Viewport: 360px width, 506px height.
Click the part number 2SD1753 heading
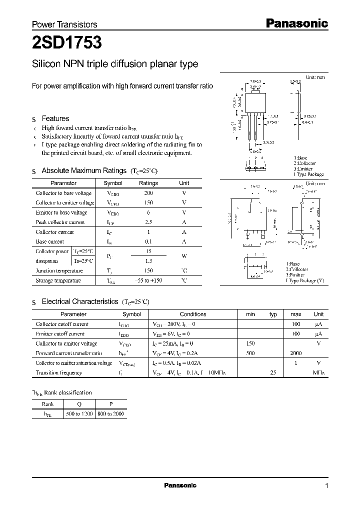click(x=67, y=43)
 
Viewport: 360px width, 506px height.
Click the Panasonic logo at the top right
click(x=296, y=23)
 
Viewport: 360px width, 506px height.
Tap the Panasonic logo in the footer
click(x=180, y=485)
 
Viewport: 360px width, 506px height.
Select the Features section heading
click(x=55, y=118)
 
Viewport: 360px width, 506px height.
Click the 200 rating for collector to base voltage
click(x=148, y=193)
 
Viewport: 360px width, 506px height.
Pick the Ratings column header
click(x=148, y=183)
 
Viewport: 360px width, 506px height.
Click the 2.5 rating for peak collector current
click(x=148, y=222)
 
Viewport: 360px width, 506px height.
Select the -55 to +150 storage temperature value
click(x=148, y=280)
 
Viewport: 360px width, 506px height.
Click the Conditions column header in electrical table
click(x=193, y=314)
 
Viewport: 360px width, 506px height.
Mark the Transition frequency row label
click(x=58, y=372)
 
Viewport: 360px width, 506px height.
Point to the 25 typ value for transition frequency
click(x=273, y=372)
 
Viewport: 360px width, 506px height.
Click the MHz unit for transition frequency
click(x=318, y=373)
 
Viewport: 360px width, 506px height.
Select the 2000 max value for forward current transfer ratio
click(x=295, y=353)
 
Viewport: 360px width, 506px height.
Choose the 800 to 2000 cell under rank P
click(x=111, y=413)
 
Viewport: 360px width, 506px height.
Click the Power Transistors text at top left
click(x=64, y=24)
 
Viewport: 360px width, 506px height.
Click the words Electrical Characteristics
click(x=80, y=302)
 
